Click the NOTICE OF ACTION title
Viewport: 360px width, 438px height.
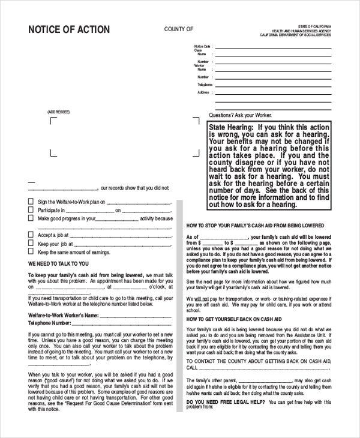click(x=69, y=29)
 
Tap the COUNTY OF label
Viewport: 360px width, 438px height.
click(x=179, y=29)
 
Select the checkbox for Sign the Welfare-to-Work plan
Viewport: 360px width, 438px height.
click(x=31, y=202)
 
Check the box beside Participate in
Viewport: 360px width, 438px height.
click(x=31, y=210)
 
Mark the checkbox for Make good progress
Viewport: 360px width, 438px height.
click(x=31, y=218)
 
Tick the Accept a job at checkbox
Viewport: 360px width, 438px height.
click(x=31, y=235)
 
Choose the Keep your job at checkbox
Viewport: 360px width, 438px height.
click(x=31, y=244)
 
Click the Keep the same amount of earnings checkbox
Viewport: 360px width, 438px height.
click(x=31, y=252)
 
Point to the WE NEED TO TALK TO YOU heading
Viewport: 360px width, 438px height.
click(x=58, y=263)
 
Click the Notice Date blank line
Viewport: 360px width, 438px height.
click(x=273, y=47)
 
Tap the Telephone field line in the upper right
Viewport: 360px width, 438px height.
click(x=273, y=85)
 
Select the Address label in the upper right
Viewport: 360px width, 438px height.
click(x=203, y=92)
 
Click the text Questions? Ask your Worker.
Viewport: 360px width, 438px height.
click(x=240, y=115)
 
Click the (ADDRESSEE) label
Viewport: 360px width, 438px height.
click(x=59, y=112)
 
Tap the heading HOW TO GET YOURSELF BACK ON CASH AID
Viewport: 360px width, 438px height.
click(x=234, y=320)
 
